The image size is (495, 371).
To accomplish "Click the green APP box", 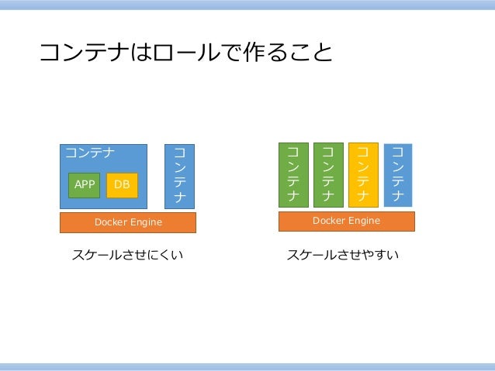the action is coord(84,185).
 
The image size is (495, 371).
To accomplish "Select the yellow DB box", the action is coord(122,185).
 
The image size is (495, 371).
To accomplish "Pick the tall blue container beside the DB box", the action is coord(180,176).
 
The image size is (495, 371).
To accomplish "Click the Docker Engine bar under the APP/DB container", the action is coord(128,222).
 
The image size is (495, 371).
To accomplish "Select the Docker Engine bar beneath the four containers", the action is coord(346,221).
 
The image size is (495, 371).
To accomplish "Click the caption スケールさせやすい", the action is coord(343,254).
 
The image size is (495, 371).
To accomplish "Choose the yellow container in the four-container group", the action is coord(363,174).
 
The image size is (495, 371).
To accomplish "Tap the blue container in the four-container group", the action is coord(398,174).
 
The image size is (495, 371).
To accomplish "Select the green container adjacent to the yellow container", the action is coord(328,174).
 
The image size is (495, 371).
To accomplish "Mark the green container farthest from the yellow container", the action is coord(293,174).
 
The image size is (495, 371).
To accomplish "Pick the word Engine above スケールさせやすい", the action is coord(363,221).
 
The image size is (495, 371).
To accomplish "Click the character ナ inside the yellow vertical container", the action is coord(363,197).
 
